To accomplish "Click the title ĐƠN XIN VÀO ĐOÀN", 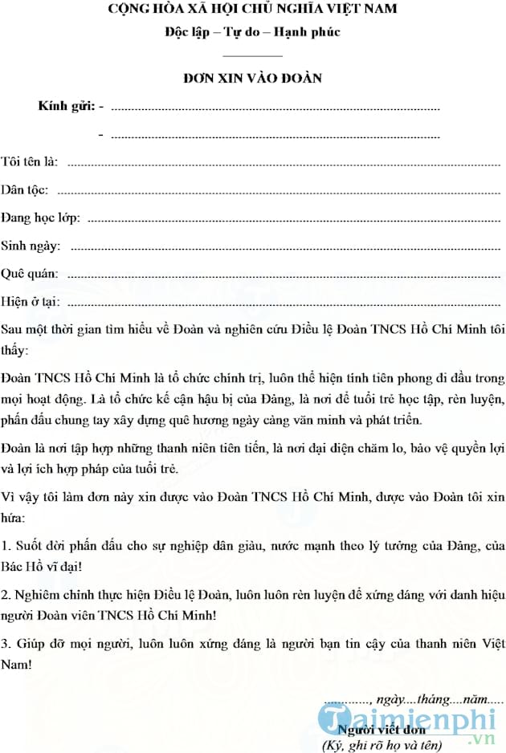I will [x=252, y=78].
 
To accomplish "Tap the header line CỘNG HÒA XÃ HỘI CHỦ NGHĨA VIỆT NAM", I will [x=252, y=10].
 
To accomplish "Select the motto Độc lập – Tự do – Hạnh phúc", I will [x=252, y=32].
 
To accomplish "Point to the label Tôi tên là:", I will [x=29, y=161].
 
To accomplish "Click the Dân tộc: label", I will [x=24, y=190].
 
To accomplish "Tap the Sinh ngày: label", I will [x=30, y=246].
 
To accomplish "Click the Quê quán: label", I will [x=29, y=274].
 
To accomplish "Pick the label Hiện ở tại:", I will [x=31, y=302].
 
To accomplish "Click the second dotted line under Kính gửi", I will [x=275, y=136].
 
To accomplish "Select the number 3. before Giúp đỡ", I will [x=6, y=644].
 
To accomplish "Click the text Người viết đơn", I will [x=382, y=730].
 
